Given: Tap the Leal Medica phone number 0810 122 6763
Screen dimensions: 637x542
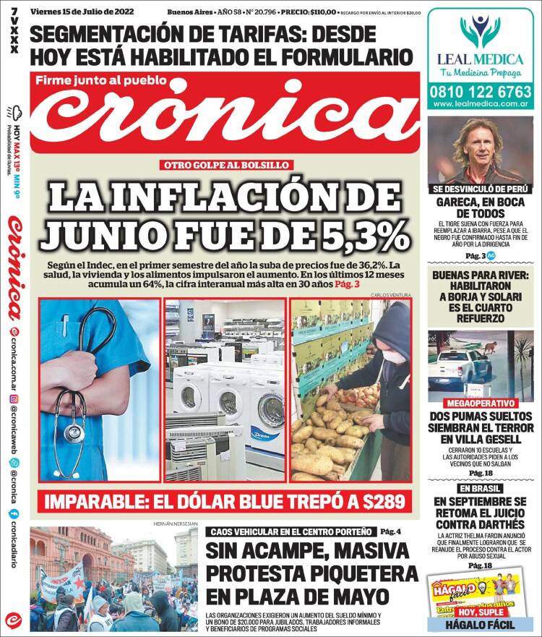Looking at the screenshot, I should point(480,93).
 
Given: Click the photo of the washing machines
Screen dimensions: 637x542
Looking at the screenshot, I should point(225,390).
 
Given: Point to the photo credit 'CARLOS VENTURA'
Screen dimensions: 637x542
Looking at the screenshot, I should point(390,295).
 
